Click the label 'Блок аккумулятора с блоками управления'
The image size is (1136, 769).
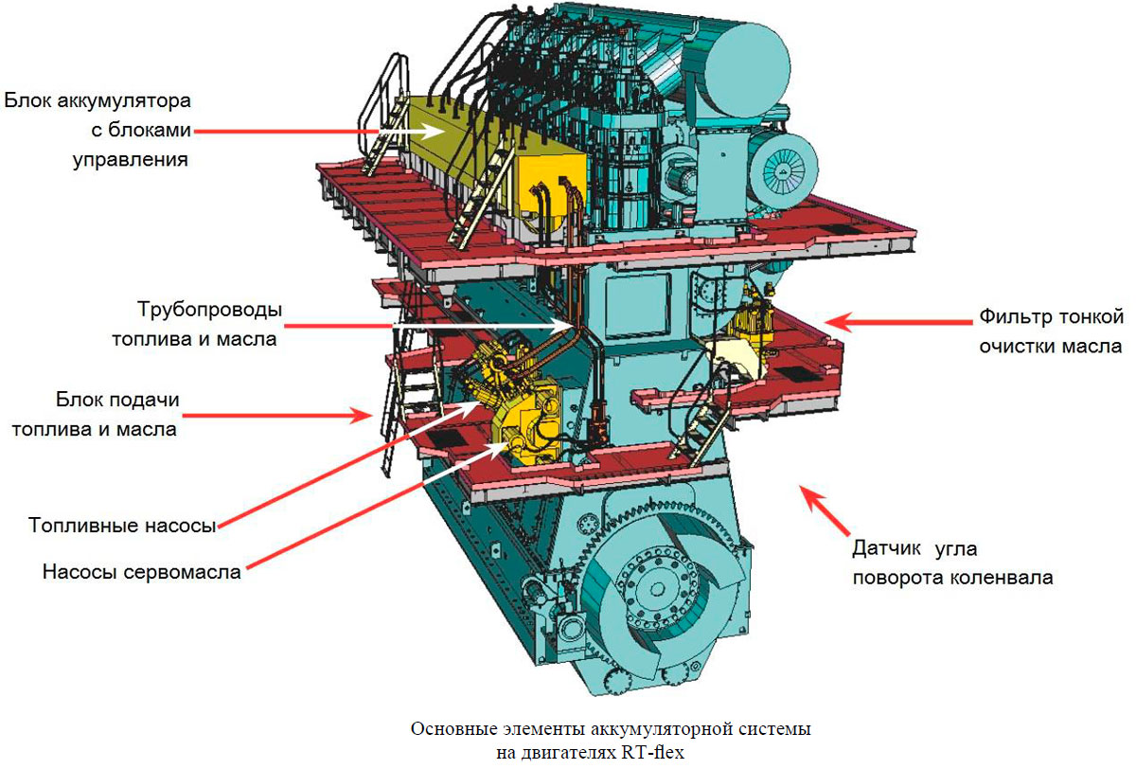pyautogui.click(x=98, y=129)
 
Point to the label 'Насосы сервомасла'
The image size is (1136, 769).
pyautogui.click(x=142, y=572)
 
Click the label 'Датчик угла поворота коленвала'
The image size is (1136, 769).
pyautogui.click(x=951, y=562)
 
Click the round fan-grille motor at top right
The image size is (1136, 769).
pyautogui.click(x=783, y=169)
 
